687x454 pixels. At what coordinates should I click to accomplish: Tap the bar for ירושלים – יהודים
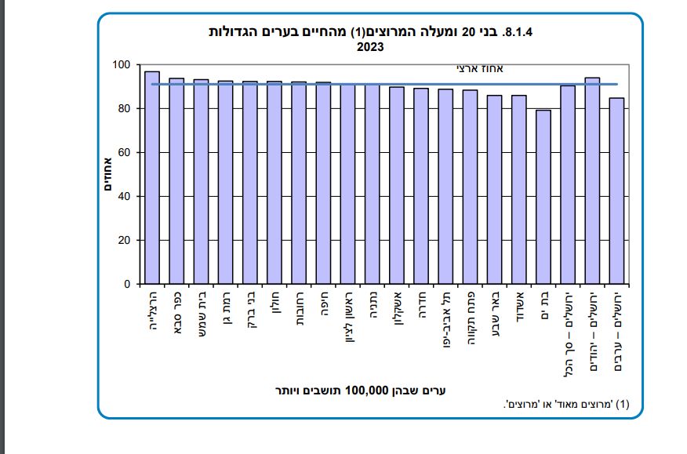[593, 181]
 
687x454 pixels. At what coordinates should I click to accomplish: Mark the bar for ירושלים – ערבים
[617, 191]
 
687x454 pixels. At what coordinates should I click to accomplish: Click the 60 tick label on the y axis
[125, 153]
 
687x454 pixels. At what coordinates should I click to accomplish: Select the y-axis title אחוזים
[109, 175]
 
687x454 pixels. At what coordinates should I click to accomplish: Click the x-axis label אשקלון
[397, 314]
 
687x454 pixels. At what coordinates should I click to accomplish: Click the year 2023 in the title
[369, 47]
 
